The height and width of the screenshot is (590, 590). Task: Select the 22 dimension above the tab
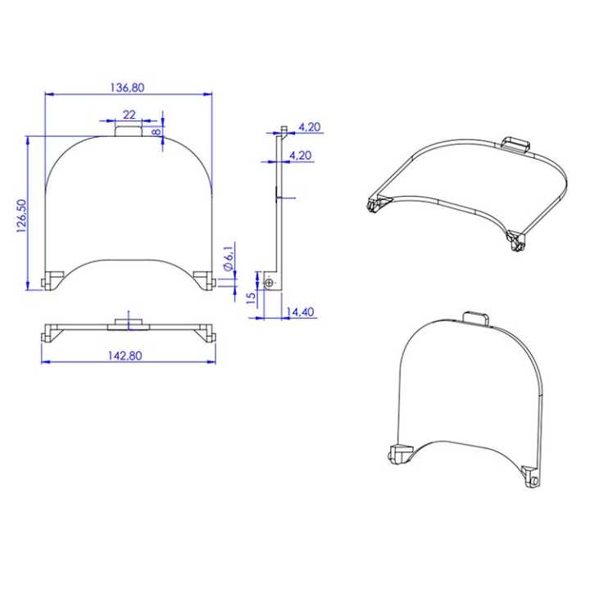pos(129,114)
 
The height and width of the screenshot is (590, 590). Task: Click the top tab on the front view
pos(128,130)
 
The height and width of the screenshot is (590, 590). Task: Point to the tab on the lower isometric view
pos(478,318)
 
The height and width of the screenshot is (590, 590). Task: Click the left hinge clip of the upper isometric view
pos(376,204)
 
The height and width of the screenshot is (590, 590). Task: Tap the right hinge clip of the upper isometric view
pos(516,242)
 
